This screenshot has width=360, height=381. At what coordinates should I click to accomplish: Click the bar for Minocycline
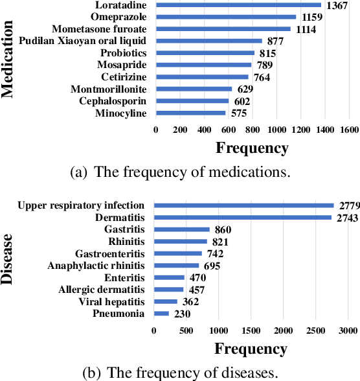coord(190,113)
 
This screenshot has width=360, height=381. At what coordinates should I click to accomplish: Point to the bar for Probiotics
coord(205,53)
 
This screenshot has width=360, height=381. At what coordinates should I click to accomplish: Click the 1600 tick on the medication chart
coord(349,130)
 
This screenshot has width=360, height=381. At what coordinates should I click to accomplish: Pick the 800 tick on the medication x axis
coord(253,130)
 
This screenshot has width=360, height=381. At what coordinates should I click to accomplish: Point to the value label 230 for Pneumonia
coord(181,314)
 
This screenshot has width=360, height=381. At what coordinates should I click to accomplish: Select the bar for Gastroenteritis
coord(178,253)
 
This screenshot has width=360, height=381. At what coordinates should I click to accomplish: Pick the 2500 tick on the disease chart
coord(315,330)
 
